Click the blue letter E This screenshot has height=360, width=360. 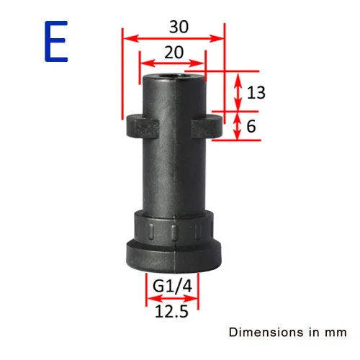pyautogui.click(x=56, y=41)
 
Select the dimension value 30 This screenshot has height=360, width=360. pyautogui.click(x=179, y=27)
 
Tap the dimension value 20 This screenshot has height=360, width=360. pyautogui.click(x=174, y=53)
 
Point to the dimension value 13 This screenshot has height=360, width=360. pyautogui.click(x=256, y=92)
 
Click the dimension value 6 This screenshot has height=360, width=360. pyautogui.click(x=251, y=126)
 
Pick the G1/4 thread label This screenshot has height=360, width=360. pyautogui.click(x=172, y=286)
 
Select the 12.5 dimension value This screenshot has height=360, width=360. pyautogui.click(x=171, y=312)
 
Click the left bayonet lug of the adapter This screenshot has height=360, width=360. pyautogui.click(x=143, y=126)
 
